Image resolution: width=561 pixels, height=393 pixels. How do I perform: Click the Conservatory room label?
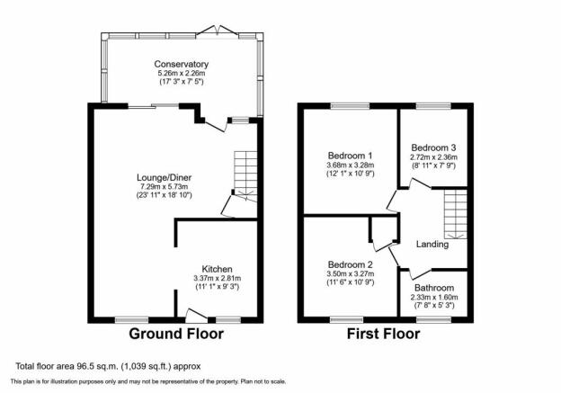tap(181, 65)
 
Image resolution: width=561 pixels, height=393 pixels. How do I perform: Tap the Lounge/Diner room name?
tap(165, 177)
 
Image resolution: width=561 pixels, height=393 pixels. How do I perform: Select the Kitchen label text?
tap(218, 269)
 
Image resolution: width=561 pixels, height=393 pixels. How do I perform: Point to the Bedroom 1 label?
tap(350, 156)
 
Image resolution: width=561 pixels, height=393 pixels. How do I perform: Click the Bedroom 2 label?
tap(351, 265)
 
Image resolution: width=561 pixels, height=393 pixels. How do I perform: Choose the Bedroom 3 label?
tap(433, 147)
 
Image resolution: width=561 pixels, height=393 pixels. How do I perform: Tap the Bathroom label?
tap(434, 288)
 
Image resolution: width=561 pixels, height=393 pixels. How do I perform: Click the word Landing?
tap(432, 245)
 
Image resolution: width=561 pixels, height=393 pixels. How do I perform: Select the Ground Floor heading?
tap(176, 334)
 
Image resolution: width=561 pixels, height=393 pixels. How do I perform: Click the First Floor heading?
tap(384, 334)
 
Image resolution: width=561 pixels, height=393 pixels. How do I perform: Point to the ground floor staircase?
tap(245, 176)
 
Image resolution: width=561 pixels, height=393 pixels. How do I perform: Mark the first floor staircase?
tap(456, 214)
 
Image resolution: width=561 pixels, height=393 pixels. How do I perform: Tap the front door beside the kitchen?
tap(196, 313)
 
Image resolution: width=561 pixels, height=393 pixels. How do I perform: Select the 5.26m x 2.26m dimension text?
tap(182, 74)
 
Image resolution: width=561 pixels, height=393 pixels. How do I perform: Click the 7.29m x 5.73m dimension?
tap(165, 186)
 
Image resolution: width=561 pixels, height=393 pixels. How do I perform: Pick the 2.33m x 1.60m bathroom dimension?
tap(434, 297)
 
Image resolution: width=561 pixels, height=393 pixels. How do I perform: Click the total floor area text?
tap(108, 366)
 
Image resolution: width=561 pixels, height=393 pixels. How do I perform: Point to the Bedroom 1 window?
tap(350, 105)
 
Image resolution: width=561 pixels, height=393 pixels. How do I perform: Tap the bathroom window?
tap(434, 319)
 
